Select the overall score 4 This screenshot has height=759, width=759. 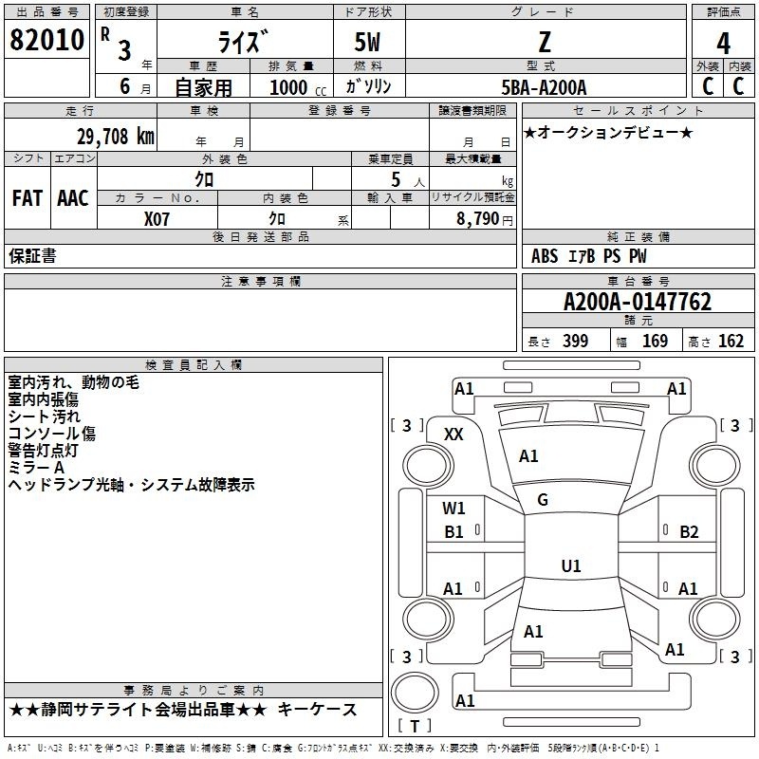click(x=723, y=43)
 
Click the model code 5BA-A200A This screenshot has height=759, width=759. click(x=544, y=87)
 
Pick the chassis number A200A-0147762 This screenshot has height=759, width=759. click(x=637, y=303)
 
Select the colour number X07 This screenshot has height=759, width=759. click(x=157, y=217)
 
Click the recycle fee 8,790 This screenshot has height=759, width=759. click(x=472, y=218)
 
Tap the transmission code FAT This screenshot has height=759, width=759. click(x=28, y=198)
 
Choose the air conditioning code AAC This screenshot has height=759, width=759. click(x=73, y=198)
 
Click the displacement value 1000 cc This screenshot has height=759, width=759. click(x=296, y=87)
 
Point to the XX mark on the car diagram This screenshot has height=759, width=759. click(x=454, y=434)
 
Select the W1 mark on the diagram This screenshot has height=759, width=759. click(x=454, y=508)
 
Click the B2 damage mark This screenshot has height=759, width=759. click(x=689, y=531)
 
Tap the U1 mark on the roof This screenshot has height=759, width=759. click(x=570, y=566)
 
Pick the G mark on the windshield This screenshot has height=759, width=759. click(x=543, y=500)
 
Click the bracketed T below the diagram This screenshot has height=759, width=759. click(x=414, y=727)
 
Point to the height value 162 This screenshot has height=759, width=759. click(x=731, y=342)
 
